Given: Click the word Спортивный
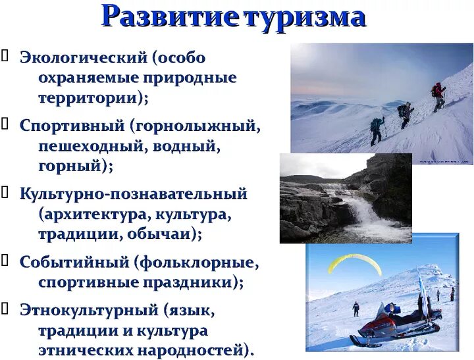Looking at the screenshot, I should tap(72, 126).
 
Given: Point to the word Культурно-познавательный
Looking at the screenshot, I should tap(134, 194).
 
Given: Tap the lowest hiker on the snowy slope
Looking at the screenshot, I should tap(377, 130).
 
